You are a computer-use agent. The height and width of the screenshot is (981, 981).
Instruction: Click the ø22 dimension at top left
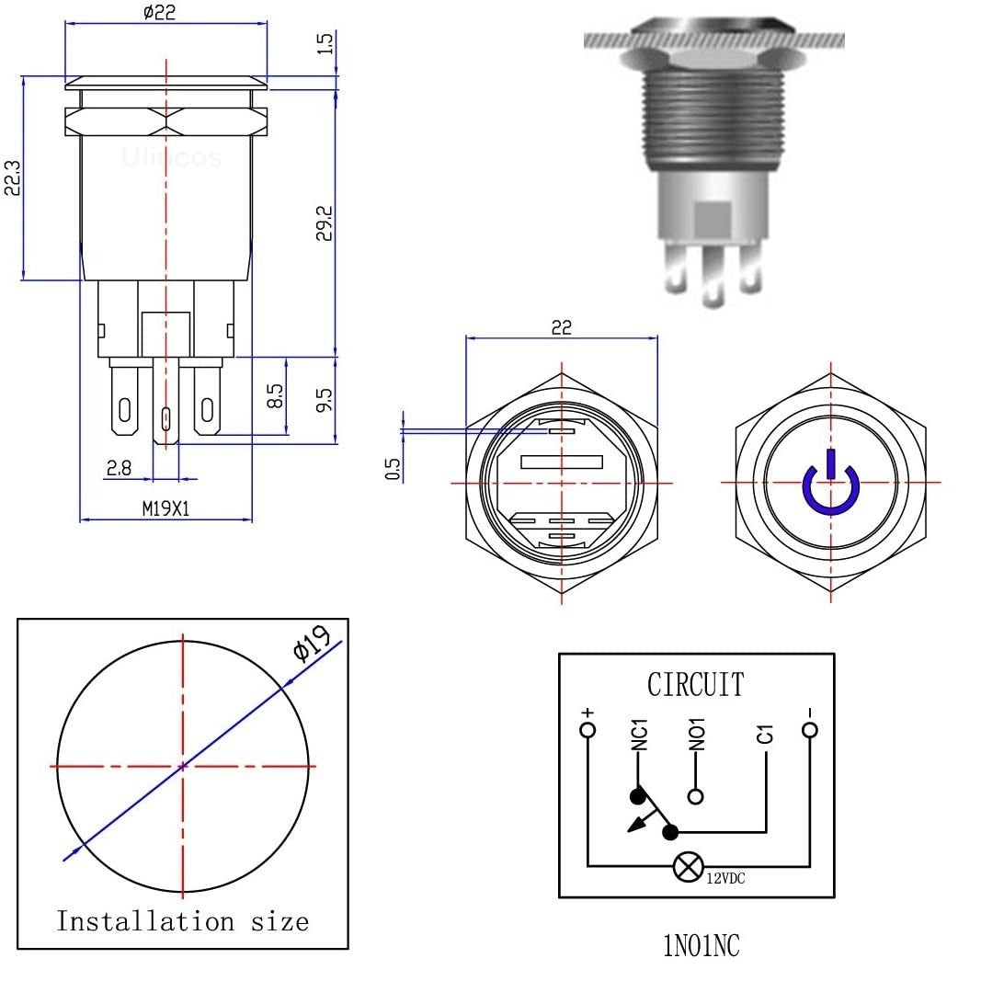pos(160,12)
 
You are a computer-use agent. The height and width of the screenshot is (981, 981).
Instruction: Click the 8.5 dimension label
pos(273,397)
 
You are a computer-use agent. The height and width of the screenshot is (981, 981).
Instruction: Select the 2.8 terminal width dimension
pos(119,468)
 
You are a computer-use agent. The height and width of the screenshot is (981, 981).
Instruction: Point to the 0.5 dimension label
pos(393,469)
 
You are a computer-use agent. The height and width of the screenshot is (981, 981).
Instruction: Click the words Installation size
pos(182,920)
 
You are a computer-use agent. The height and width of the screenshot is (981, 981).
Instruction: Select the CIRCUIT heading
pos(695,685)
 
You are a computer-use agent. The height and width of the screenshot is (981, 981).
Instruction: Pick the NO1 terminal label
pos(697,734)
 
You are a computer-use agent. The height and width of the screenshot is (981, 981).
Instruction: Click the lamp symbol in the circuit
pos(688,866)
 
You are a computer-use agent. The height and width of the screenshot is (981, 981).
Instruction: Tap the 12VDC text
pos(725,879)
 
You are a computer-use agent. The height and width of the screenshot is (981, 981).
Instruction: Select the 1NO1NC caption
pos(701,946)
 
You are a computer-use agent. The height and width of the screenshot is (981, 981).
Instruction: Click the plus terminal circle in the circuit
pos(587,731)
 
